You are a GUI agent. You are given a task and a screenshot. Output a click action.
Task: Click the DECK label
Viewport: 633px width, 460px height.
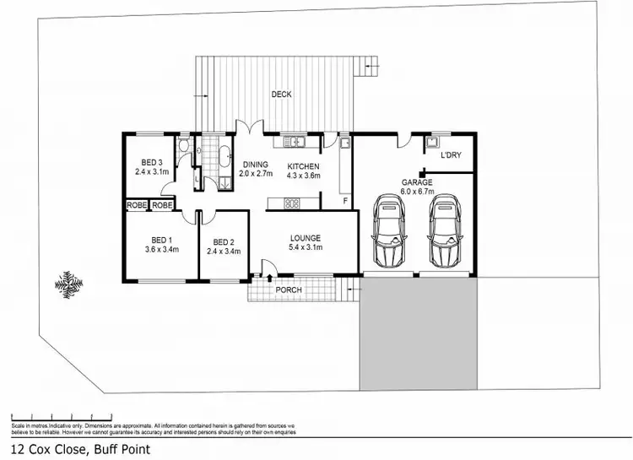coord(281,95)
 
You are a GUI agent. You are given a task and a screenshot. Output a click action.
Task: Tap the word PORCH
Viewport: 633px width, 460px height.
coord(289,290)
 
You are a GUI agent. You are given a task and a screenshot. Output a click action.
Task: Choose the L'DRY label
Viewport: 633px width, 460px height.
coord(451,155)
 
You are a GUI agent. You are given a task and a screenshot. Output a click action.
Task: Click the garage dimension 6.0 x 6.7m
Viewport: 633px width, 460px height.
coord(417,192)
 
